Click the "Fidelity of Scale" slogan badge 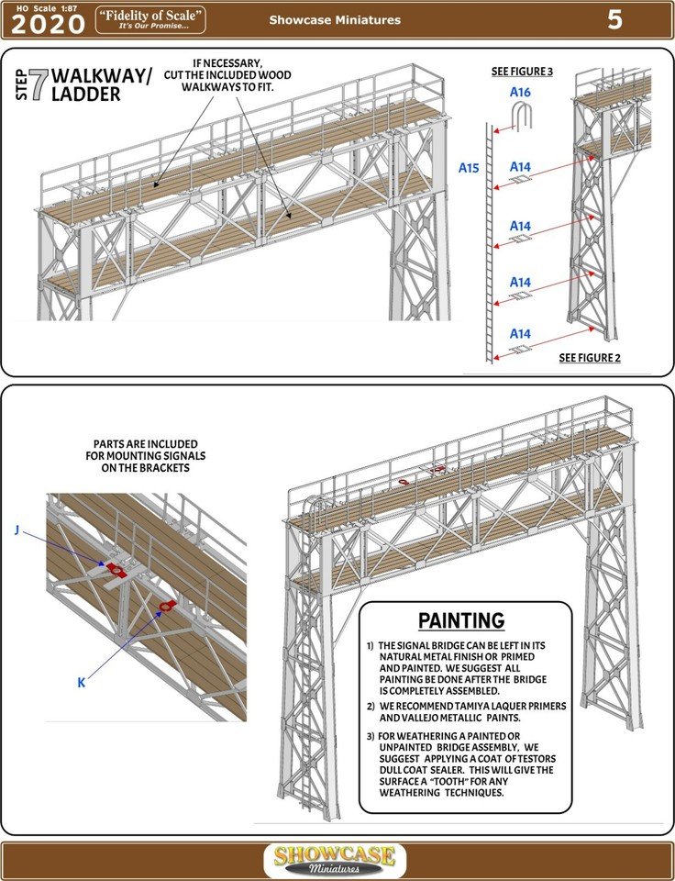point(150,19)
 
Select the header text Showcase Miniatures point(335,20)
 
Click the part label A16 point(520,93)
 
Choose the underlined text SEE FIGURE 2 point(590,358)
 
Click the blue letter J point(17,530)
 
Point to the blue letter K point(81,682)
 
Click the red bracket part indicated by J point(116,569)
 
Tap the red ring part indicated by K point(166,606)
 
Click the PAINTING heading point(461,620)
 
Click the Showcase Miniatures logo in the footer point(336,861)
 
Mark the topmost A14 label point(521,167)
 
